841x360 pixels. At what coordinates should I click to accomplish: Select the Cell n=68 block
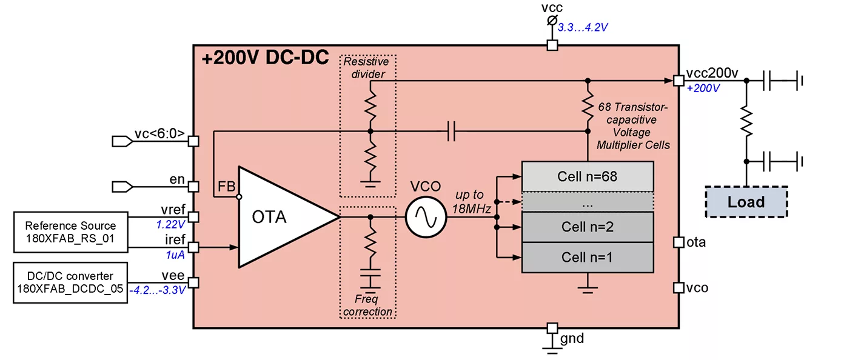click(x=587, y=177)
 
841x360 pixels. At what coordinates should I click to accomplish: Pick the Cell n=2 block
click(x=587, y=227)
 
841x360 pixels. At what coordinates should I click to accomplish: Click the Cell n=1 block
click(x=587, y=257)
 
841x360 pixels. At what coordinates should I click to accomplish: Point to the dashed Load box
click(x=746, y=202)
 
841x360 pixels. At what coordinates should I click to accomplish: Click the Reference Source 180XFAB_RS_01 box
click(x=70, y=232)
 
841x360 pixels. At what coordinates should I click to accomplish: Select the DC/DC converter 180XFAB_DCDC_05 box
click(x=70, y=283)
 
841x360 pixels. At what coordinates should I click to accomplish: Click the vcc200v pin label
click(x=712, y=73)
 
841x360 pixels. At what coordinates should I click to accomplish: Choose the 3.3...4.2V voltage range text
click(x=583, y=27)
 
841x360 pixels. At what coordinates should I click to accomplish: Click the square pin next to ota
click(x=678, y=242)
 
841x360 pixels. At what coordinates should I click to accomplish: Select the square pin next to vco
click(x=678, y=286)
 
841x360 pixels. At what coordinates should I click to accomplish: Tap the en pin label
click(x=176, y=180)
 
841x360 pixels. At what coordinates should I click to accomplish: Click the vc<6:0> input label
click(x=159, y=135)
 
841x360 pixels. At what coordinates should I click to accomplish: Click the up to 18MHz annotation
click(x=471, y=201)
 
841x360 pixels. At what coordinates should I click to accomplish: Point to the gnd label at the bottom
click(x=572, y=338)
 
